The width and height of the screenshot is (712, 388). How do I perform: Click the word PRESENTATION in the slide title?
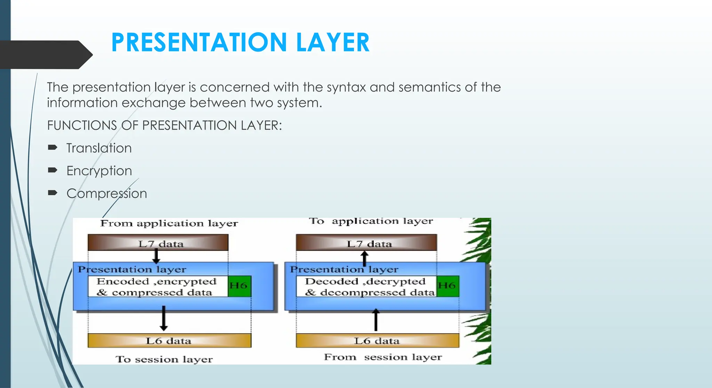[x=199, y=42]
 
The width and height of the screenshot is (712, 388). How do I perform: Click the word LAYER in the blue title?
[x=333, y=42]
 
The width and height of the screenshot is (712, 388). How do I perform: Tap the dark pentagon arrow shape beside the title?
[x=45, y=55]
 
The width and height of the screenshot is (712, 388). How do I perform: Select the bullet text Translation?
[x=99, y=148]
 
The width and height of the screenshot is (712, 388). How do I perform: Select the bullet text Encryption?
[x=99, y=171]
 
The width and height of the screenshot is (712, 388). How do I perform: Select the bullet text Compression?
[x=107, y=193]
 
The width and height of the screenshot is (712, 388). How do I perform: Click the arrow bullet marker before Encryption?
[x=52, y=170]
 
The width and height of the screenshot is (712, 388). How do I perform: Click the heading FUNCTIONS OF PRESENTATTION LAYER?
[x=164, y=125]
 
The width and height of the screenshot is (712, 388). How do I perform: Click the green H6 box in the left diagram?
[x=239, y=286]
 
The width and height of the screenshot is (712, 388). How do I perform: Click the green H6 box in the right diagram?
[x=447, y=286]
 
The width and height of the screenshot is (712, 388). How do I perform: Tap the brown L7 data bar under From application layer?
[x=158, y=243]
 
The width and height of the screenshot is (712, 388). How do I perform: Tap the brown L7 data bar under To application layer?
[x=366, y=243]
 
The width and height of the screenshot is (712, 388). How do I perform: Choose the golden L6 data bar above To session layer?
[x=169, y=341]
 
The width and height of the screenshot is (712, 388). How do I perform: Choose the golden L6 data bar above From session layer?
[x=378, y=341]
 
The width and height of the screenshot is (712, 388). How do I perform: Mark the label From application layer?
[x=169, y=223]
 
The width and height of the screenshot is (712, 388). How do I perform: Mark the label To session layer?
[x=164, y=359]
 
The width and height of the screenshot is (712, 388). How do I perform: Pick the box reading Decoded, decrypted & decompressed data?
[x=366, y=287]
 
